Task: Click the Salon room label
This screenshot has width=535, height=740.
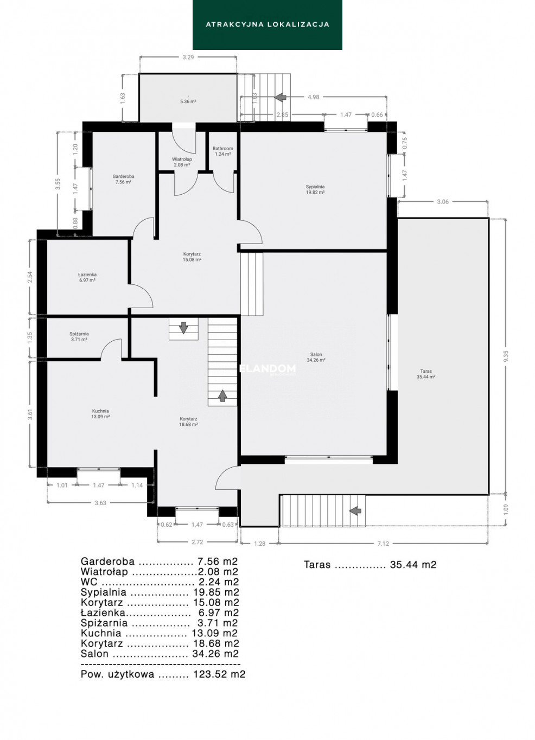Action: pyautogui.click(x=316, y=354)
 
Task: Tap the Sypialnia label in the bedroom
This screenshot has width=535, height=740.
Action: pyautogui.click(x=315, y=186)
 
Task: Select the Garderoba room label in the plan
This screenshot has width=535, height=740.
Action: pyautogui.click(x=123, y=176)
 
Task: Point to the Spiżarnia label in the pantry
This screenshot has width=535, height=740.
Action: pyautogui.click(x=79, y=334)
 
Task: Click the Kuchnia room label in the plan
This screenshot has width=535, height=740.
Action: pyautogui.click(x=100, y=411)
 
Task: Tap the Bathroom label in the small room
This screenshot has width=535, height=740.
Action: pyautogui.click(x=222, y=149)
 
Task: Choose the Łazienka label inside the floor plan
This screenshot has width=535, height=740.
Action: pyautogui.click(x=87, y=275)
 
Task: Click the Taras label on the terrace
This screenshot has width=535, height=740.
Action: pyautogui.click(x=426, y=371)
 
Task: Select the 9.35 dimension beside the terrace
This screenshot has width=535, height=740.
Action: pyautogui.click(x=506, y=356)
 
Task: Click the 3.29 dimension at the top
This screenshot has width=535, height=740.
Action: pyautogui.click(x=188, y=57)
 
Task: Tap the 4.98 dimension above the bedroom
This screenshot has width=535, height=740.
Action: pyautogui.click(x=313, y=97)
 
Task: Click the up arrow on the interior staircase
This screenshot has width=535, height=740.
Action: pyautogui.click(x=222, y=395)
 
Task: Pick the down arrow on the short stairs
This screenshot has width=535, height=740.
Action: pyautogui.click(x=183, y=328)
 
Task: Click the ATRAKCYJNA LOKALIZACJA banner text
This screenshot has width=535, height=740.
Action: pyautogui.click(x=267, y=24)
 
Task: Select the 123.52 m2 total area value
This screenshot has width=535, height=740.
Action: pyautogui.click(x=219, y=674)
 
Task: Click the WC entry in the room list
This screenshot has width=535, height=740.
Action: pyautogui.click(x=160, y=582)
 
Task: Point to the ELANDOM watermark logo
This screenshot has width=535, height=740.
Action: pyautogui.click(x=267, y=368)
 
